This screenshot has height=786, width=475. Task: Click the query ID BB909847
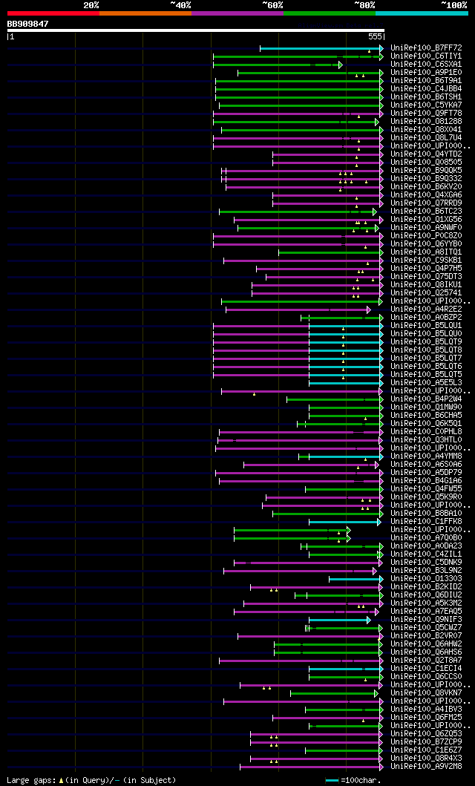point(27,24)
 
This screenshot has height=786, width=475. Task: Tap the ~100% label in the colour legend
point(453,4)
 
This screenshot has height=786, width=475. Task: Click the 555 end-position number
point(374,36)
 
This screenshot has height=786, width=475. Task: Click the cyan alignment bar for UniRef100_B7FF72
point(319,48)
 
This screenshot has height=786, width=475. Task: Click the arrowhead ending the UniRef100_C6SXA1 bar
point(341,65)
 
